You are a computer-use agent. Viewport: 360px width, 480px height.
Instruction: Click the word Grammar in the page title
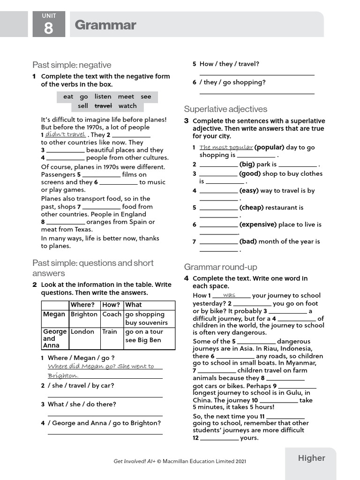[x=105, y=25]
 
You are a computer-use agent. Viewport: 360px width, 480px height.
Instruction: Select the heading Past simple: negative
[x=72, y=65]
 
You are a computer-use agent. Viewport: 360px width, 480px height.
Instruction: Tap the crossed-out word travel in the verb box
[x=104, y=106]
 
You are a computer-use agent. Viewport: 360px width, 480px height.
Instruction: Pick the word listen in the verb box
[x=103, y=97]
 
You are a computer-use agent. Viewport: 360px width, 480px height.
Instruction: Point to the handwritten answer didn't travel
[x=66, y=135]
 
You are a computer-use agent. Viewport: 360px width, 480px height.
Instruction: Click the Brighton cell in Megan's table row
[x=84, y=315]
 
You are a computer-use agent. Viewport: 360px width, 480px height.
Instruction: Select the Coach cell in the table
[x=112, y=315]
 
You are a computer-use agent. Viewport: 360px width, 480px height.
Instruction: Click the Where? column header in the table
[x=82, y=305]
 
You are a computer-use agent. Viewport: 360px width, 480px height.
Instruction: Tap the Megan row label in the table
[x=54, y=315]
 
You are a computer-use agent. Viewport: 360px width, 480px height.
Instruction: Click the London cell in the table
[x=82, y=331]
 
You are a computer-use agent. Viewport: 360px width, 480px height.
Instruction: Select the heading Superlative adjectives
[x=225, y=109]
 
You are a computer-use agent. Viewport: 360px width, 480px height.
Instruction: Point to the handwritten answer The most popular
[x=226, y=147]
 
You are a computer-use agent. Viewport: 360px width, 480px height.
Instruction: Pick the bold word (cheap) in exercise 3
[x=251, y=208]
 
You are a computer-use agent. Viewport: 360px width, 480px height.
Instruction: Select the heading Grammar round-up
[x=220, y=267]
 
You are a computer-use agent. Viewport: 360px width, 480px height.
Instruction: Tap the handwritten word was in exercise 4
[x=229, y=295]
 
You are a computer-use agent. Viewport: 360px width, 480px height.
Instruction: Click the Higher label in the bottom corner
[x=311, y=458]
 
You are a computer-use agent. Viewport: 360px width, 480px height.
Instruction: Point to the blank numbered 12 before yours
[x=219, y=438]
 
